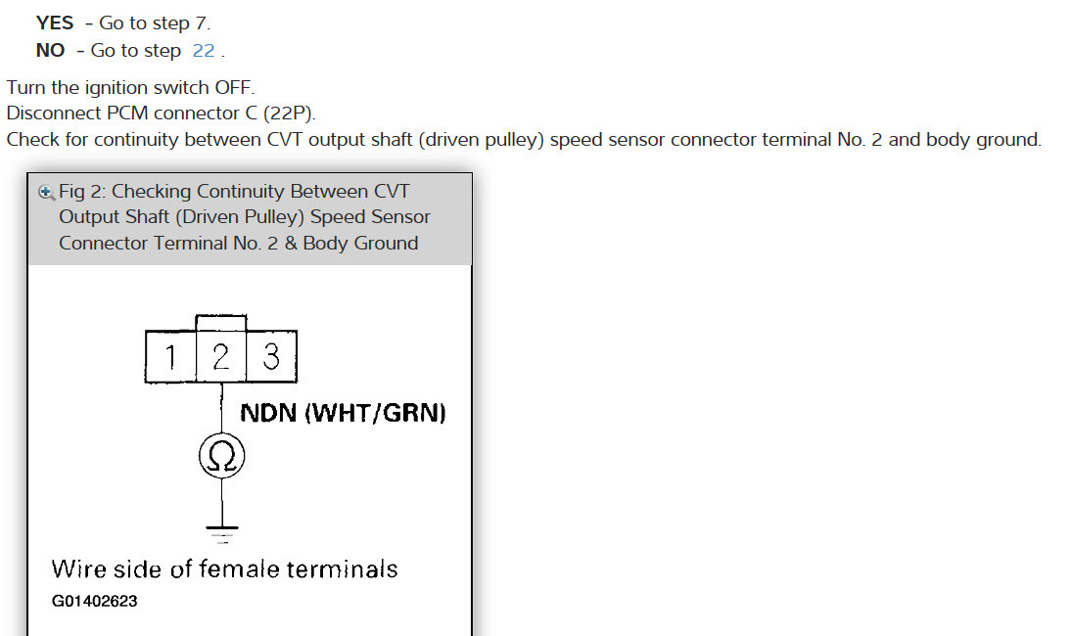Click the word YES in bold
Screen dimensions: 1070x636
55,23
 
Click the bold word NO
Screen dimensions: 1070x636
50,50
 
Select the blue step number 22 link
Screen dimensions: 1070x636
204,50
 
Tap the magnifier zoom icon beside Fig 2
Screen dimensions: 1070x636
45,192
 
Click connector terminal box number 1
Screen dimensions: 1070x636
170,357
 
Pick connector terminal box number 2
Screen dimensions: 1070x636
221,357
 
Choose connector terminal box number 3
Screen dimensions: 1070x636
271,357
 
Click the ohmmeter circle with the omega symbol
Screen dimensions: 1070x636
222,457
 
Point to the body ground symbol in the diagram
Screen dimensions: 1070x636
222,533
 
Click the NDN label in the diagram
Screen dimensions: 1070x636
269,413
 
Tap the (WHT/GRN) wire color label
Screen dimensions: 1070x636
376,413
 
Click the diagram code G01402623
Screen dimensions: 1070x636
94,601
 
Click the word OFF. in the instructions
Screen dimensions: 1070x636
234,88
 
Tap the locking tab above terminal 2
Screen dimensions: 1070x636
221,323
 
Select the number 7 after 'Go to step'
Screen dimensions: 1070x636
202,23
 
